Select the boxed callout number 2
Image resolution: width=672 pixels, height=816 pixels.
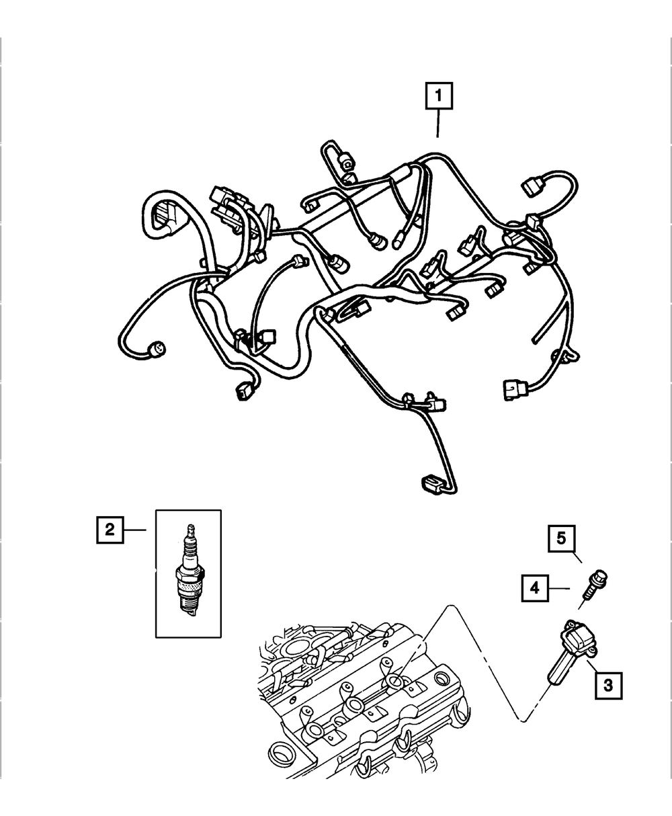[x=110, y=530]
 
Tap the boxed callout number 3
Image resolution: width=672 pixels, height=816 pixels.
[x=607, y=685]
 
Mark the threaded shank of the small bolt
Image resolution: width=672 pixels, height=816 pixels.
[x=589, y=592]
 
